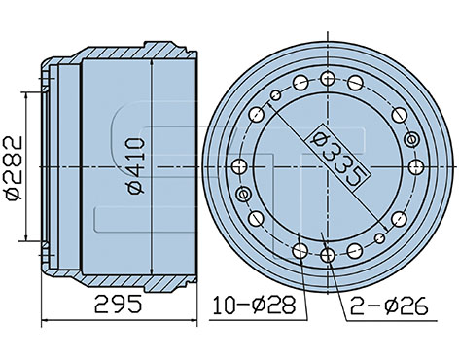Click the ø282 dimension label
[14, 168]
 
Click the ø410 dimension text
[136, 166]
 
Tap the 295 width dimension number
[119, 304]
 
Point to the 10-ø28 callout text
[255, 305]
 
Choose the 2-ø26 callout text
[389, 306]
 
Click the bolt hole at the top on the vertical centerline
[328, 79]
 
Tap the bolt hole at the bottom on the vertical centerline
[328, 255]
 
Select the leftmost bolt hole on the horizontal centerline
[240, 166]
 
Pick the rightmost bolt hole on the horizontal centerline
[416, 167]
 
